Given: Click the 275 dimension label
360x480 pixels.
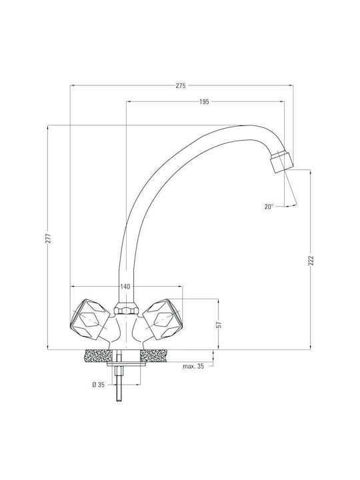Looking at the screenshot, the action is pyautogui.click(x=181, y=86).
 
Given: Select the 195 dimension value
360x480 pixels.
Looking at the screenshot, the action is pyautogui.click(x=204, y=101).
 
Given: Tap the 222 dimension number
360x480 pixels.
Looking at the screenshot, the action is pyautogui.click(x=311, y=260).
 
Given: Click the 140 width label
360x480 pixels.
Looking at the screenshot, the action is pyautogui.click(x=125, y=287).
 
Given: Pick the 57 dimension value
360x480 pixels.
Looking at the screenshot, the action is pyautogui.click(x=219, y=325).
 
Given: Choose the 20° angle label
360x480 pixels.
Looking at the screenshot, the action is pyautogui.click(x=269, y=207).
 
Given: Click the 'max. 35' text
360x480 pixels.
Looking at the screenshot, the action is pyautogui.click(x=193, y=366).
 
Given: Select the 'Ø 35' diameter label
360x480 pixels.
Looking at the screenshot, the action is pyautogui.click(x=99, y=385).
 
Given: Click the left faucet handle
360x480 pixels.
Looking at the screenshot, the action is pyautogui.click(x=90, y=319).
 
